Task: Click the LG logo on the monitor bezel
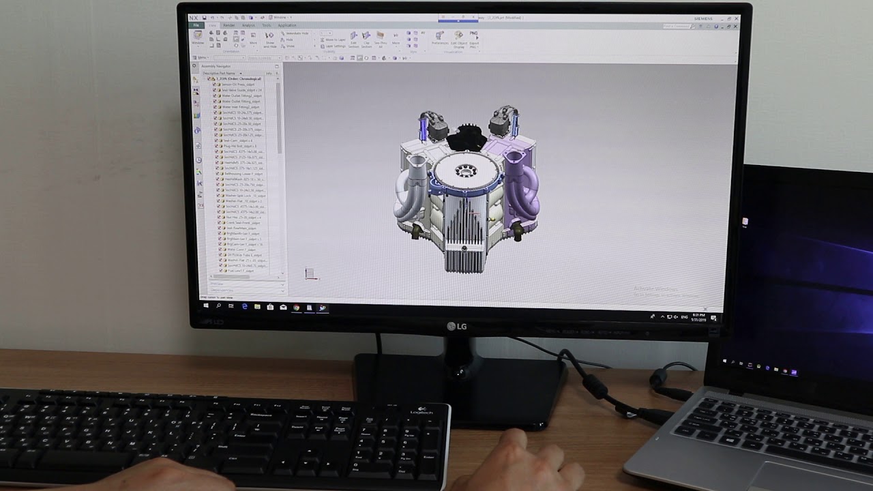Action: coord(456,326)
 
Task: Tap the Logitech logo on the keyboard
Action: coord(421,412)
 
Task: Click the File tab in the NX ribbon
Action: coord(196,25)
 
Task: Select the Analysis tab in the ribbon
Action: coord(248,25)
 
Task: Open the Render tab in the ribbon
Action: coord(229,25)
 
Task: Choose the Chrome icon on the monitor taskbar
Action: coord(297,308)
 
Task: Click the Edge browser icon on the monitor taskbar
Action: coord(244,307)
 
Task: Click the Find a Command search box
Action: coord(677,26)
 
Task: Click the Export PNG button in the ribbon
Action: coord(474,38)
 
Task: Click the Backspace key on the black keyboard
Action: coord(261,415)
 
